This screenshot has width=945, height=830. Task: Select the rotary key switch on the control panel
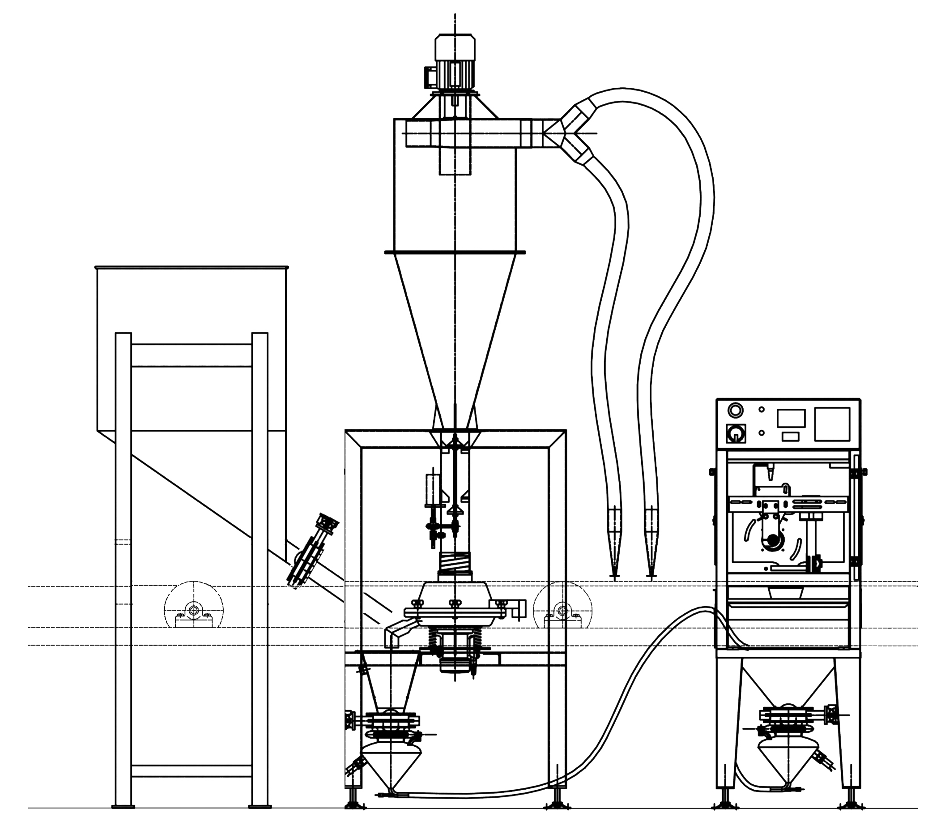click(735, 433)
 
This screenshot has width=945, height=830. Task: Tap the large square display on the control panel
click(832, 424)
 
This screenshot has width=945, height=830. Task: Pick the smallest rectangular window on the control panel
click(791, 436)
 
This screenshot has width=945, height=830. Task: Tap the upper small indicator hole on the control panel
click(762, 410)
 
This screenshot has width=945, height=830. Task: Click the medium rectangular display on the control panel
click(791, 418)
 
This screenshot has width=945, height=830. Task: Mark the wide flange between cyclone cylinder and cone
click(455, 252)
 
